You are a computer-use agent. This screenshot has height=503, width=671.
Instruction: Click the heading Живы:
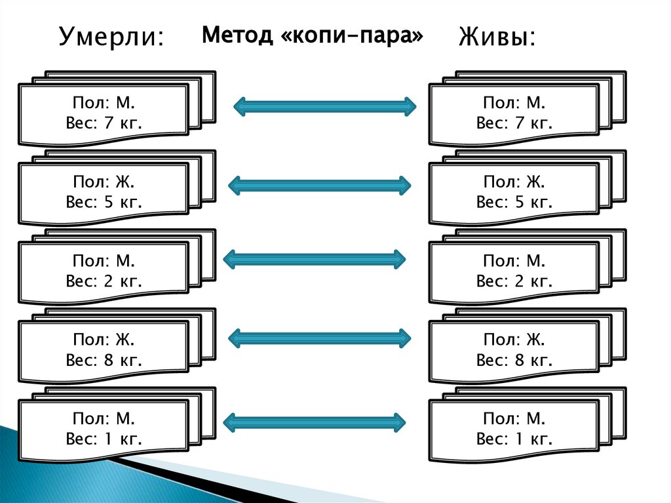pos(496,37)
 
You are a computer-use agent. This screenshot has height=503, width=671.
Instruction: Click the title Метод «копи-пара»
pos(313,35)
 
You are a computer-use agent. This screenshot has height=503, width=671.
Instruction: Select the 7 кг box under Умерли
pos(104,113)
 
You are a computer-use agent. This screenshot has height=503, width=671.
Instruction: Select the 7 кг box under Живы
pos(514,113)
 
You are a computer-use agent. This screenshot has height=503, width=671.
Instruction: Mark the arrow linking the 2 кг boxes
pos(315,259)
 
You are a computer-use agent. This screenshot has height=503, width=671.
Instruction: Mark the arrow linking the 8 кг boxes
pos(319,338)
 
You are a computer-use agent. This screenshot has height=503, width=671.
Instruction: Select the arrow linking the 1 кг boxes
pos(315,421)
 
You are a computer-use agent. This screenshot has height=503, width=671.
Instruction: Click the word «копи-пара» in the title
pos(351,35)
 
